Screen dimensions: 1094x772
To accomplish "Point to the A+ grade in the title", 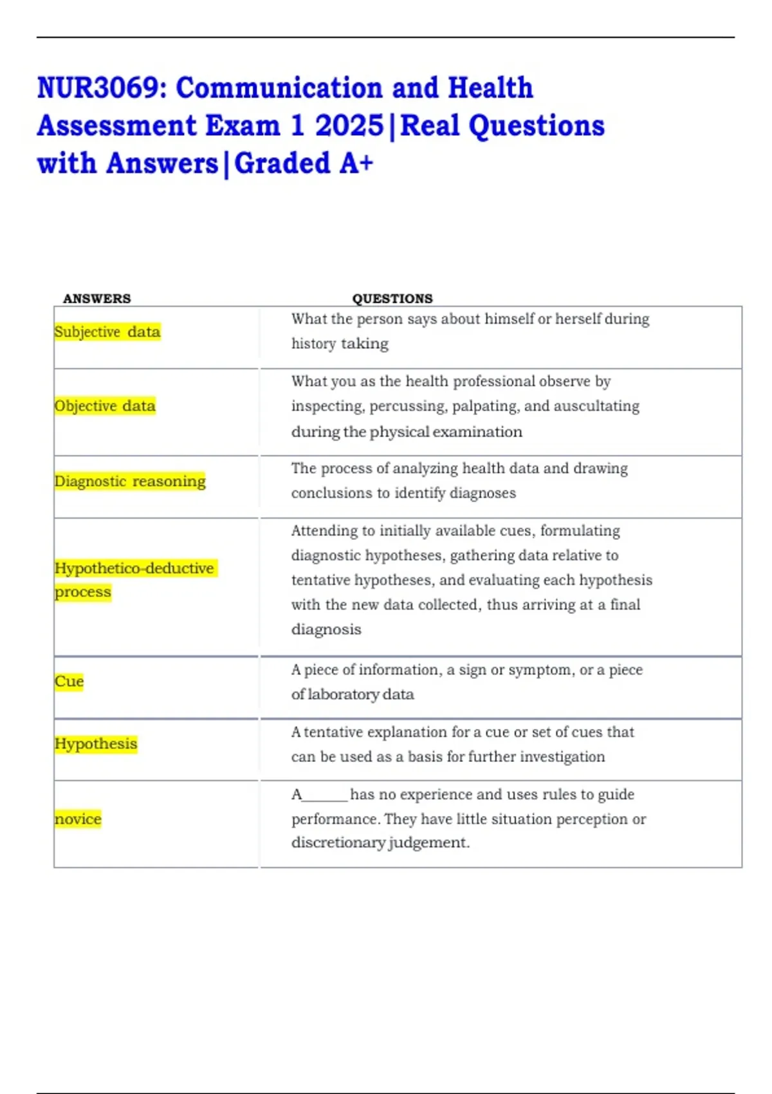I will tap(356, 163).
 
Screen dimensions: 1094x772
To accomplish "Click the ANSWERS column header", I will tap(96, 299).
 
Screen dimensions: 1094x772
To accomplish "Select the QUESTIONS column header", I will tap(392, 299).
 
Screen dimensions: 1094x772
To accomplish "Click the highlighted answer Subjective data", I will tap(107, 332).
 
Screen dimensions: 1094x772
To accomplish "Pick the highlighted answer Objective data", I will tap(105, 406).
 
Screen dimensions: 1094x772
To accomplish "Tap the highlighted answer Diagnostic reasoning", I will tap(130, 481).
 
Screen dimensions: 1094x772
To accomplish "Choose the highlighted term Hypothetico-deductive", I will tap(134, 568).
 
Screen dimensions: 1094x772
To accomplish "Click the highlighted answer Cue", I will tap(69, 681).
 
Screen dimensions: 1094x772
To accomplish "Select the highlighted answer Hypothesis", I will tap(96, 744).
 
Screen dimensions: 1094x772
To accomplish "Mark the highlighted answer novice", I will tap(78, 819).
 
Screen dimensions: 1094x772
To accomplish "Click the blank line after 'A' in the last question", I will tap(325, 797).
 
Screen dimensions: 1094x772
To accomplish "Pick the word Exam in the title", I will tap(243, 126).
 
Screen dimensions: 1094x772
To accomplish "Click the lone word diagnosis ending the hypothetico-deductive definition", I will tap(326, 629).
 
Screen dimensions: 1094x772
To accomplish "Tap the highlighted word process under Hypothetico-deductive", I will tap(83, 592).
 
